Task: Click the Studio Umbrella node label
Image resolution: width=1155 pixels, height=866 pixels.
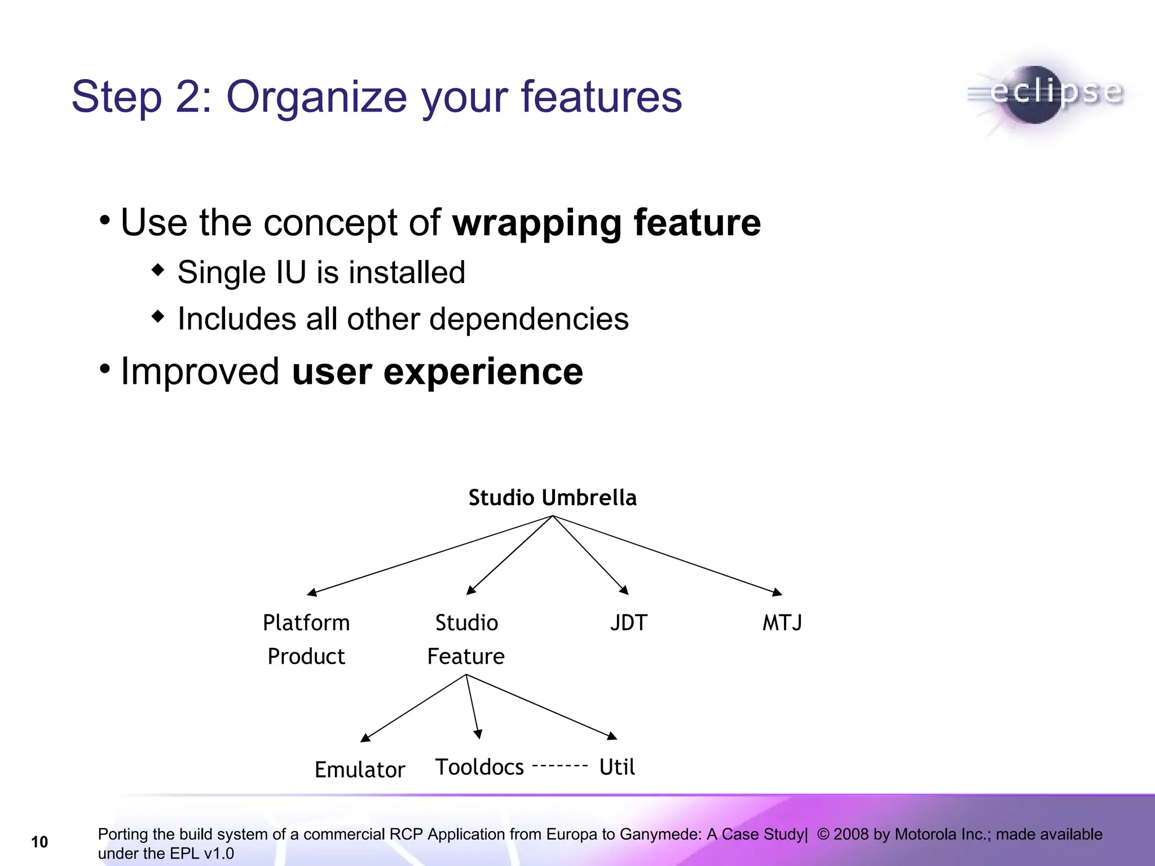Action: click(552, 498)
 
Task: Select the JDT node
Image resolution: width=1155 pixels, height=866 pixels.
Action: click(628, 623)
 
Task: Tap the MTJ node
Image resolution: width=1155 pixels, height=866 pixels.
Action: click(782, 623)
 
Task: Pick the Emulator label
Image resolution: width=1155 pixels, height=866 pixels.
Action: click(360, 770)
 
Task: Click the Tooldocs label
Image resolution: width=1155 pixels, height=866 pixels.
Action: click(479, 767)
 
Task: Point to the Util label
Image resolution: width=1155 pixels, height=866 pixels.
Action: click(617, 767)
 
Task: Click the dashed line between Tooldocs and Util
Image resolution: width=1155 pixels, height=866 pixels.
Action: click(560, 766)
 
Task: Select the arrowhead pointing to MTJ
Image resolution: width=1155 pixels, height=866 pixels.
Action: click(777, 592)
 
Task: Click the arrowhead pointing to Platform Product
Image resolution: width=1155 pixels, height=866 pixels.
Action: click(312, 592)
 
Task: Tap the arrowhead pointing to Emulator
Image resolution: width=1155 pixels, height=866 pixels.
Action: click(365, 737)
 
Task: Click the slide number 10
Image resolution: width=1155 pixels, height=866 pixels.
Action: click(39, 842)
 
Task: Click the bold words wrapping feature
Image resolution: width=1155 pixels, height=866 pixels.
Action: click(606, 222)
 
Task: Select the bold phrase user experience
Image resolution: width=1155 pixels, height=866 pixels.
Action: click(437, 372)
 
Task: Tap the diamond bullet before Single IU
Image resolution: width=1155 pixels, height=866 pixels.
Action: click(158, 270)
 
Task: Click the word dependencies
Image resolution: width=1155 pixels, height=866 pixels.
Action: click(528, 319)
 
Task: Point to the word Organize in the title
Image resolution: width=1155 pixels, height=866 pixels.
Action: click(316, 97)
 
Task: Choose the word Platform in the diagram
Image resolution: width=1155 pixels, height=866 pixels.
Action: click(306, 623)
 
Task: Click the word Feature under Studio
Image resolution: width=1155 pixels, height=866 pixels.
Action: click(466, 656)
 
